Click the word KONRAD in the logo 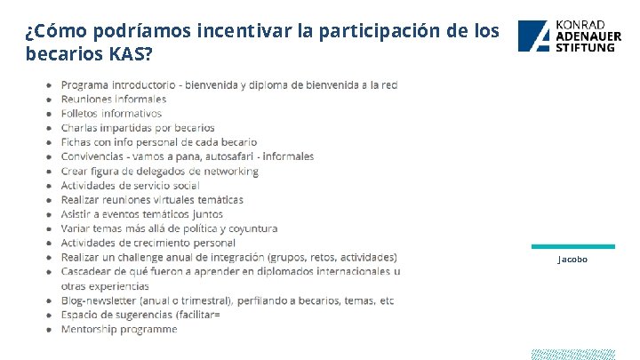[580, 24]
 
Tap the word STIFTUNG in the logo [585, 46]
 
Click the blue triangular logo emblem [535, 36]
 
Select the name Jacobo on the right [572, 259]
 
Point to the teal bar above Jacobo [572, 246]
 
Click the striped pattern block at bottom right [572, 354]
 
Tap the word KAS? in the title [132, 55]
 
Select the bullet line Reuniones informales [113, 99]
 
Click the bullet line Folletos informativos [111, 113]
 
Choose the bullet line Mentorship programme [118, 329]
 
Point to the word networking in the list [231, 171]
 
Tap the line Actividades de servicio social [130, 185]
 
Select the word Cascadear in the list [88, 271]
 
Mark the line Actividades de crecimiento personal [148, 243]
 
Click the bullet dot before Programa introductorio [49, 85]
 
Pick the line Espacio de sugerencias [140, 315]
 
